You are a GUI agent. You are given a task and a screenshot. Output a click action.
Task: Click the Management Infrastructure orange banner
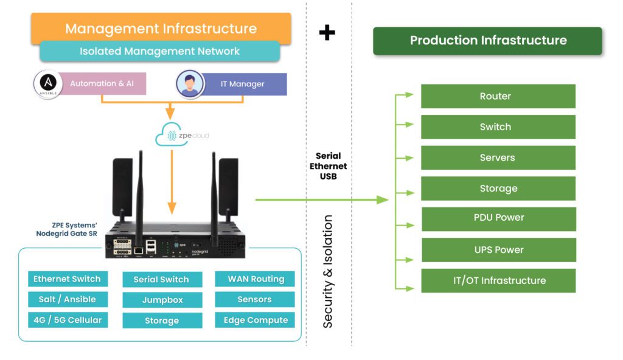[161, 28]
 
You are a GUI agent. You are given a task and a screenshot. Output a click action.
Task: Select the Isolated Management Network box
[159, 52]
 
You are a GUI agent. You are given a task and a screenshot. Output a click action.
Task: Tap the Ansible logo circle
[46, 83]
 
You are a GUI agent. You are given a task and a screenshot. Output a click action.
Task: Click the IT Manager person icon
[190, 84]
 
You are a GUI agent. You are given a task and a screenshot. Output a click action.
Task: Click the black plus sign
[327, 32]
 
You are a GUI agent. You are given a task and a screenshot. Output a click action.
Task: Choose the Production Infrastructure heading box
[487, 41]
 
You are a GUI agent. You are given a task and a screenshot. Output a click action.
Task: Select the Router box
[498, 96]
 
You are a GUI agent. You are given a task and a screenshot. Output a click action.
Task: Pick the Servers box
[498, 157]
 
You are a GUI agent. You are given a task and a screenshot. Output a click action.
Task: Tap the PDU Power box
[498, 218]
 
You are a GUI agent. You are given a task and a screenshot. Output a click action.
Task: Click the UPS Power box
[498, 249]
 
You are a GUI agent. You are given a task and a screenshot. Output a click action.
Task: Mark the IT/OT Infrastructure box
[498, 280]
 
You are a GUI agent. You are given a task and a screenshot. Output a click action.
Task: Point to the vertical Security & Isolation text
[328, 271]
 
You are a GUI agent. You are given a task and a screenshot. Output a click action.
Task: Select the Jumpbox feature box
[162, 300]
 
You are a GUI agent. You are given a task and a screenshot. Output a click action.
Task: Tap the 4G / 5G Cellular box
[68, 320]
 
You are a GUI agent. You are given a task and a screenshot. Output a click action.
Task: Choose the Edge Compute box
[255, 320]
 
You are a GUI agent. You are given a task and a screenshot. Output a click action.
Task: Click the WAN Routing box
[255, 279]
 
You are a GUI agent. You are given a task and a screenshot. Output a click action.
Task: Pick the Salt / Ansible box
[68, 299]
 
